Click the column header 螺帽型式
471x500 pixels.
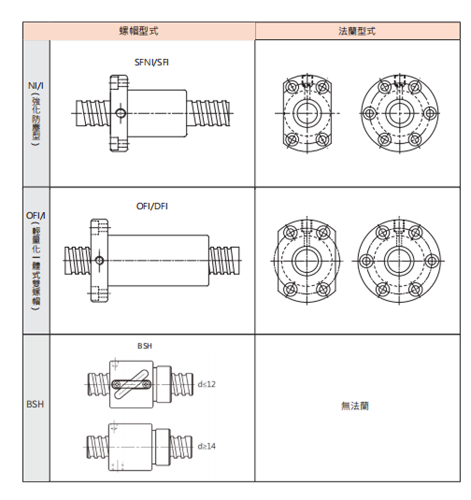coord(139,31)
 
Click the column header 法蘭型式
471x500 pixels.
coord(357,31)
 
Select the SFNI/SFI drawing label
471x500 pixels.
coord(152,62)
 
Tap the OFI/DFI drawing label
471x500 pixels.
coord(152,206)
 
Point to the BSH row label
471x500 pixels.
coord(35,404)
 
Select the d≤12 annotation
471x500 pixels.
coord(207,384)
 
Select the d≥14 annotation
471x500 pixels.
coord(207,446)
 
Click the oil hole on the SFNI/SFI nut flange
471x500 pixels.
coord(121,113)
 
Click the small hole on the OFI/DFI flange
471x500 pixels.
coord(99,260)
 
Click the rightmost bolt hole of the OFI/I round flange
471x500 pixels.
coord(433,260)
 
